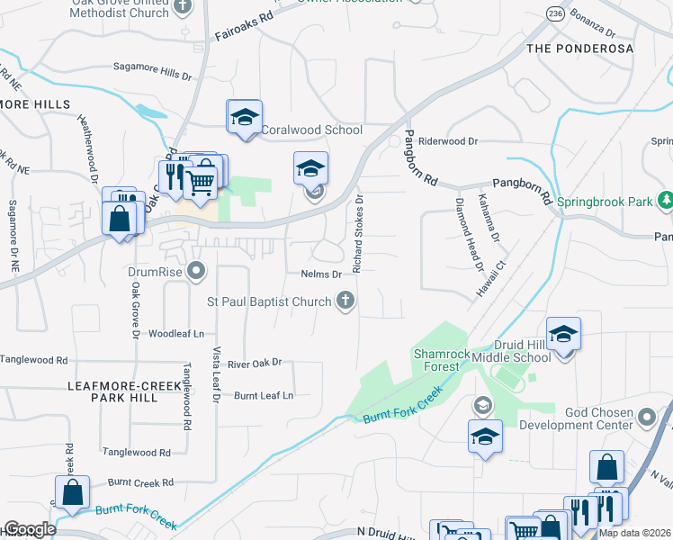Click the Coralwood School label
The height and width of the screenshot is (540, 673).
tap(311, 130)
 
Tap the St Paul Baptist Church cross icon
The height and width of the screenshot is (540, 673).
tap(345, 301)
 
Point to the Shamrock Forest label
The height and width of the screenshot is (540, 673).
tap(441, 360)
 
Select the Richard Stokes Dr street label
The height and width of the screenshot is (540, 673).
tap(358, 234)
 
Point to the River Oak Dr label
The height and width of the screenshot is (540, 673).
tap(255, 363)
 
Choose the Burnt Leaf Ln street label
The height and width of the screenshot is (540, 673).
tap(264, 395)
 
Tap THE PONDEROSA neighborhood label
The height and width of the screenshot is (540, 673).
tap(579, 48)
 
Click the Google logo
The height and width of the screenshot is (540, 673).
tap(29, 529)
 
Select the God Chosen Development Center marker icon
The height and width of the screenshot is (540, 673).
tap(646, 416)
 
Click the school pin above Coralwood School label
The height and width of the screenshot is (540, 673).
tap(244, 118)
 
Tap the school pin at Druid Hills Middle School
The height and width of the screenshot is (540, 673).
tap(562, 334)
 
